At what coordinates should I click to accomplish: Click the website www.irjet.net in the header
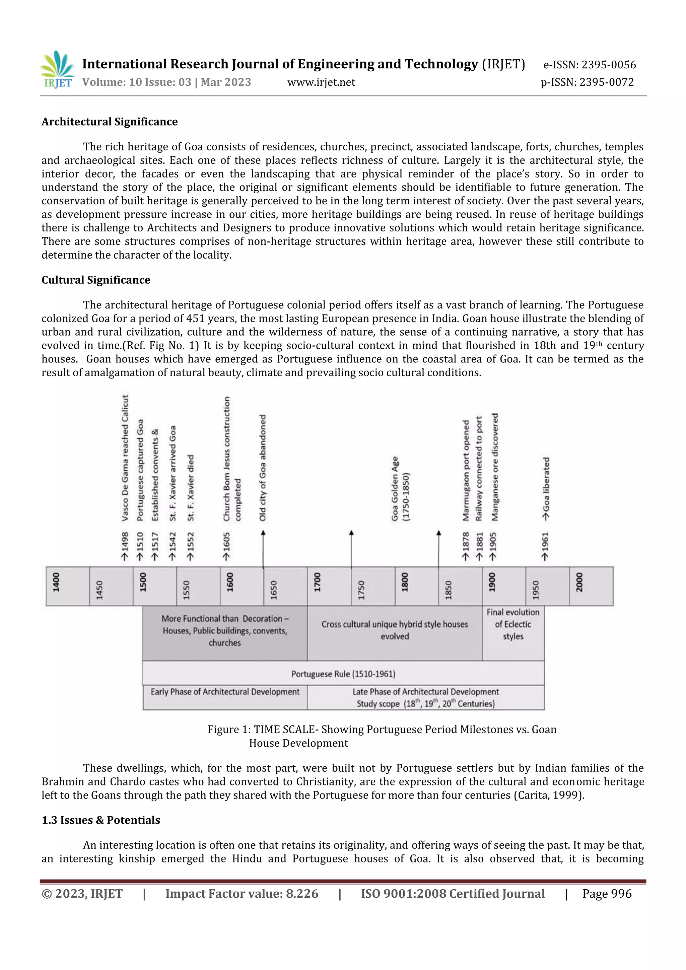321,82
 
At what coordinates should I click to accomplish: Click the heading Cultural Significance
96,280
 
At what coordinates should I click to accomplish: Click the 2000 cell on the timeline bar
591,586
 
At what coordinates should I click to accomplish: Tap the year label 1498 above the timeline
125,546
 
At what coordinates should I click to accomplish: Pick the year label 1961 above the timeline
545,546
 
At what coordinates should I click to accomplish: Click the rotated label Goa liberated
546,489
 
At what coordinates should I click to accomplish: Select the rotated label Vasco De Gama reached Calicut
125,459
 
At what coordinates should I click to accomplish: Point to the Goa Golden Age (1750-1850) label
400,489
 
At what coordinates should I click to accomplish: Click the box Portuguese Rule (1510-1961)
343,674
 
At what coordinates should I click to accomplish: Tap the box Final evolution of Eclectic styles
513,624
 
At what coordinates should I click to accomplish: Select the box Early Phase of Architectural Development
225,692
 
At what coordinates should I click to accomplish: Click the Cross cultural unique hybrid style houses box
395,630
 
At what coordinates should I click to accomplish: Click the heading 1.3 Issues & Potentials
101,820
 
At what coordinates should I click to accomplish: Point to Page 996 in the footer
607,894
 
